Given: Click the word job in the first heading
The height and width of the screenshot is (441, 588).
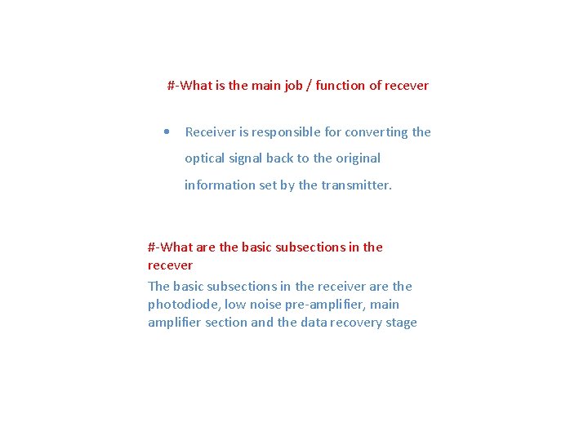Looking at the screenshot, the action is [293, 86].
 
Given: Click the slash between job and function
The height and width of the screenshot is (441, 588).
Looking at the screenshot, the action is [309, 86].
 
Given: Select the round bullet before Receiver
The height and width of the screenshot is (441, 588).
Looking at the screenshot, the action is [167, 131].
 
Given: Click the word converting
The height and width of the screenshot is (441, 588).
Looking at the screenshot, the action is [378, 132].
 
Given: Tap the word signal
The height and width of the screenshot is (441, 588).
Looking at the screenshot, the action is [247, 158].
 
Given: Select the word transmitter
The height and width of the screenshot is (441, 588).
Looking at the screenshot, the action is [356, 185].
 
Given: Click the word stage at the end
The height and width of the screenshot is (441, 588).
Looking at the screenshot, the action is [400, 323].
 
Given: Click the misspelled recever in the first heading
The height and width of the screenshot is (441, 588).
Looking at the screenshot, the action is [406, 86].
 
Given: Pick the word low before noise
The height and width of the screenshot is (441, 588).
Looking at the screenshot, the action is [235, 305].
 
